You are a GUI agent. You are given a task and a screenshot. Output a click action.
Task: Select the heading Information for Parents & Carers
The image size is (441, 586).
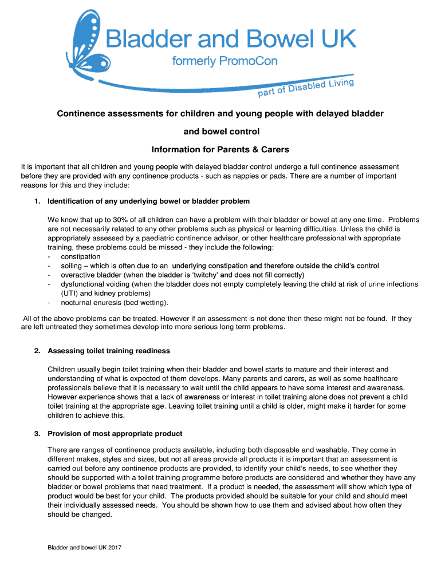pyautogui.click(x=220, y=150)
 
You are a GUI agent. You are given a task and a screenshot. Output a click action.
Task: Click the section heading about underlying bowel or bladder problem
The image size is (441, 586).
pyautogui.click(x=148, y=201)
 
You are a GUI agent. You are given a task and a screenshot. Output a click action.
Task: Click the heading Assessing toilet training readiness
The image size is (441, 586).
pyautogui.click(x=109, y=351)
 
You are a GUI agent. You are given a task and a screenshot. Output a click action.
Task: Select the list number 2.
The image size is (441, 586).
pyautogui.click(x=37, y=351)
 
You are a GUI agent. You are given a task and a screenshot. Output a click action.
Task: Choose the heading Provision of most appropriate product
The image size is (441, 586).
pyautogui.click(x=115, y=433)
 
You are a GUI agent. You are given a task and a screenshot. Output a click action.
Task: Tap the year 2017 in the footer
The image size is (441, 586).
pyautogui.click(x=113, y=548)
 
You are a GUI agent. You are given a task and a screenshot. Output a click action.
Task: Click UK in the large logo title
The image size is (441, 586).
pyautogui.click(x=338, y=39)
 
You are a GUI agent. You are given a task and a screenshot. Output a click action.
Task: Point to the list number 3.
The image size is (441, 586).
pyautogui.click(x=37, y=433)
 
